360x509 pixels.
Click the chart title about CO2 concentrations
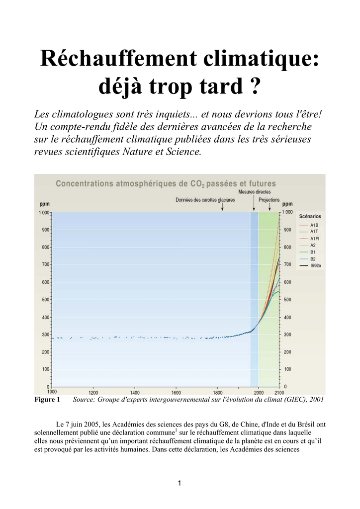click(x=166, y=184)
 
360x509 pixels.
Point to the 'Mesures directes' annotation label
click(x=255, y=192)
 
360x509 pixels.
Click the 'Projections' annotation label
click(x=269, y=200)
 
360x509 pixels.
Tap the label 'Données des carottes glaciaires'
click(x=205, y=200)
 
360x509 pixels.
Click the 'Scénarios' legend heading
click(x=310, y=216)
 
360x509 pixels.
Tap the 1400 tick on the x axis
click(x=135, y=393)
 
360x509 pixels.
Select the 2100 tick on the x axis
click(x=279, y=393)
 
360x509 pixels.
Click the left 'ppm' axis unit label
click(x=44, y=204)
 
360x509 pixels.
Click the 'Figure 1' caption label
click(x=47, y=399)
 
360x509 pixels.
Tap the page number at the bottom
click(x=180, y=483)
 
